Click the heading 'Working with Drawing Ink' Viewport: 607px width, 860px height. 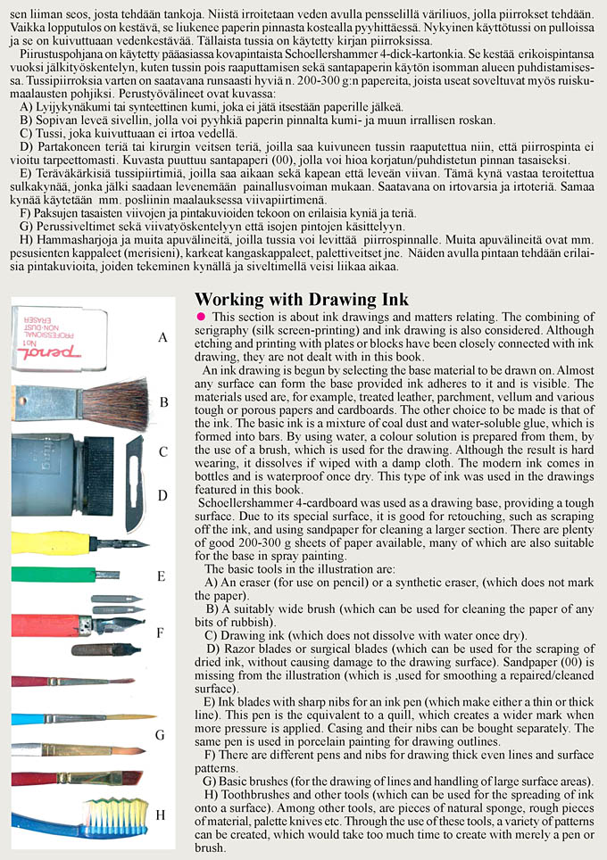tap(301, 299)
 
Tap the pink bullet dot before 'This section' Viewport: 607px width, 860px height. tap(201, 317)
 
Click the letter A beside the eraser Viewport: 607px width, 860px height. tap(162, 338)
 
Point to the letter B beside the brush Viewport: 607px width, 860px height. tap(163, 402)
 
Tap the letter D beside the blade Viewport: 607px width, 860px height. tap(162, 495)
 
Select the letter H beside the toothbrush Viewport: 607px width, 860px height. tap(161, 815)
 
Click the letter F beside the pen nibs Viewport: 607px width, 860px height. tap(161, 633)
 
